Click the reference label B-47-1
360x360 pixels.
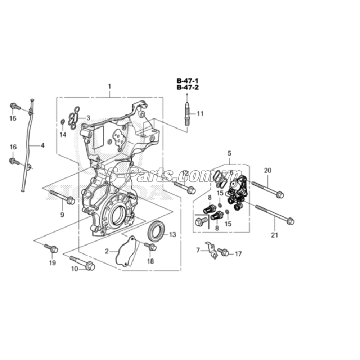[x=187, y=81]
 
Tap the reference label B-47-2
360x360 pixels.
[x=187, y=87]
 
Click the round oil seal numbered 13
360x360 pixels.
[x=156, y=232]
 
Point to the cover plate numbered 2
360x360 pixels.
[x=126, y=252]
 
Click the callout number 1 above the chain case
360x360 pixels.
[x=109, y=86]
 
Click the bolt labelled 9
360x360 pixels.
[x=63, y=198]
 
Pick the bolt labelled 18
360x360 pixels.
[x=150, y=247]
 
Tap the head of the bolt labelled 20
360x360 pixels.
[x=280, y=195]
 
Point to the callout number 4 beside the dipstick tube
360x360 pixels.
[x=42, y=146]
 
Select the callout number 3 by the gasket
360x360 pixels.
[x=88, y=118]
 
